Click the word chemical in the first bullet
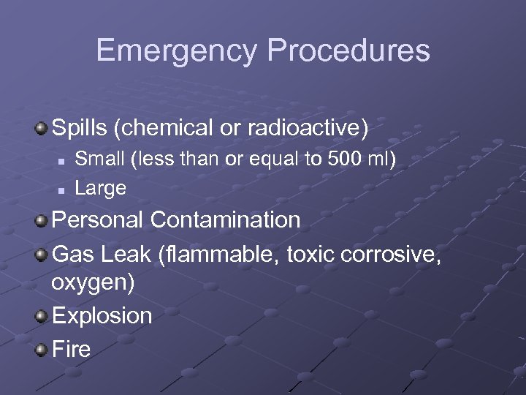(166, 128)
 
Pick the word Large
(101, 188)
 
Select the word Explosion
(102, 316)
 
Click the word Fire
(71, 348)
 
